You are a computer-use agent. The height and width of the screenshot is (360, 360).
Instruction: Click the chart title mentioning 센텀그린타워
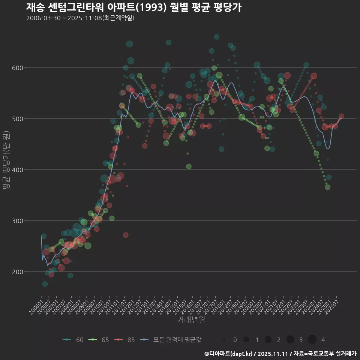pos(133,7)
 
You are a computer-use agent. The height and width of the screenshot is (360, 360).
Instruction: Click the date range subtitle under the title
pos(80,18)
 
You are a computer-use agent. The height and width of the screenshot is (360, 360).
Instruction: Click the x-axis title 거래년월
pos(191,320)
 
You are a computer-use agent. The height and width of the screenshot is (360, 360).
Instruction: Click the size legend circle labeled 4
pos(312,340)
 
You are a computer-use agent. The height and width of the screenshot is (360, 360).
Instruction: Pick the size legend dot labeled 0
pos(224,340)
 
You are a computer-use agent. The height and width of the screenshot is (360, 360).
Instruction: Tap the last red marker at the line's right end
pos(341,116)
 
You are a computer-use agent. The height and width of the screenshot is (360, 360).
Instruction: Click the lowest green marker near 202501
pos(327,187)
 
